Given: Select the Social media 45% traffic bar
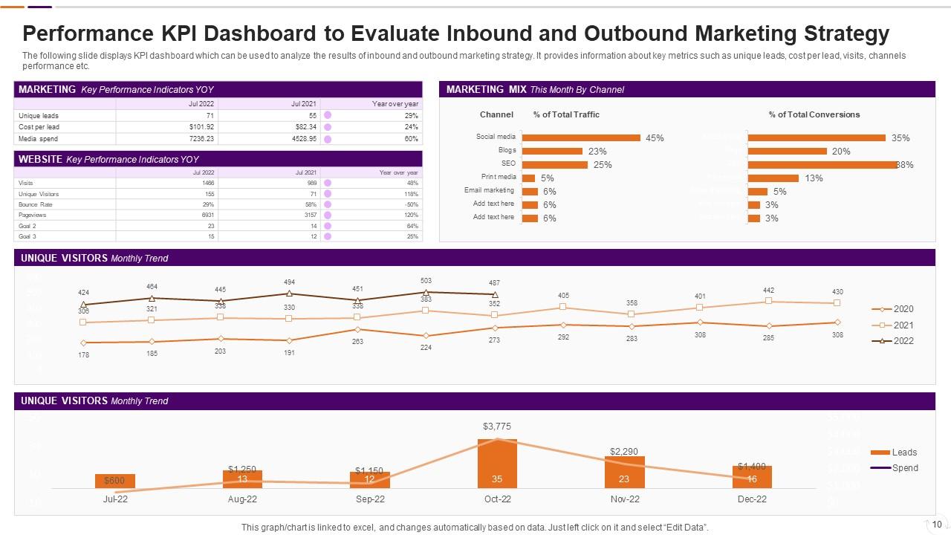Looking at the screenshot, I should [x=581, y=137].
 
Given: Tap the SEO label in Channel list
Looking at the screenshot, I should [x=508, y=163].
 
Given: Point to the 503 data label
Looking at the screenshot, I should [x=426, y=281].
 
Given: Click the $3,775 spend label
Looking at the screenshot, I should [x=497, y=427].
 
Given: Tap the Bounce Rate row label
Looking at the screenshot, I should [x=33, y=204].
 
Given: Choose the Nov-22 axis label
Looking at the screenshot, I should [x=624, y=499].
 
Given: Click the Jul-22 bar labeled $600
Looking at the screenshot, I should [x=115, y=481].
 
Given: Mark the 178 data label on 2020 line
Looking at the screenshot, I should [x=83, y=355].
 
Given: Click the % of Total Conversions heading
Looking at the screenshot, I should [x=814, y=114].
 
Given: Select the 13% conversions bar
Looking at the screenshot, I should [x=773, y=178].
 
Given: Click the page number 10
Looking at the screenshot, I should [x=937, y=524].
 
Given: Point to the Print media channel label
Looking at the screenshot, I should [x=499, y=177].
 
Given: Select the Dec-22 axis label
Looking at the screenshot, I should [x=752, y=499].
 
